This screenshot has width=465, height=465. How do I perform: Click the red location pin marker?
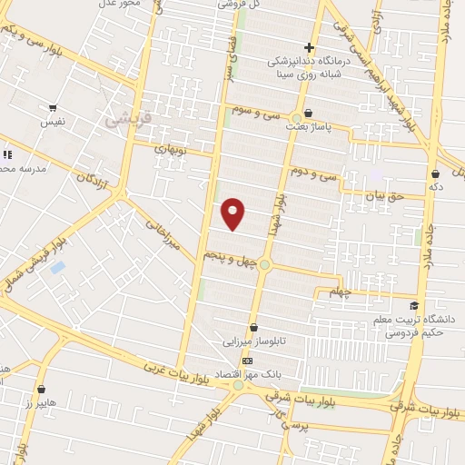(x=234, y=213)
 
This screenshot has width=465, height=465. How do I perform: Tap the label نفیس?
(x=51, y=121)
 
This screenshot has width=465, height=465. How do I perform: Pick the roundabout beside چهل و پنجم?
(x=264, y=264)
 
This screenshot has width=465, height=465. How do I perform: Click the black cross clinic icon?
(x=310, y=47)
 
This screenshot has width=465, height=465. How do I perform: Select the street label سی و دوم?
(x=314, y=171)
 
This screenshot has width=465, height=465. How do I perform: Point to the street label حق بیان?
(x=381, y=194)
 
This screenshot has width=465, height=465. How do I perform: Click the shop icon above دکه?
(x=436, y=173)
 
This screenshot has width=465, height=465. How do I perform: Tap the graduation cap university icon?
(x=414, y=306)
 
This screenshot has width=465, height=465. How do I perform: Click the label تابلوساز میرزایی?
(x=253, y=342)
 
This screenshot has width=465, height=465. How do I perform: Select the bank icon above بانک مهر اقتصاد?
(x=248, y=361)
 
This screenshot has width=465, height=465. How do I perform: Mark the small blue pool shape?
(x=58, y=268)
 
